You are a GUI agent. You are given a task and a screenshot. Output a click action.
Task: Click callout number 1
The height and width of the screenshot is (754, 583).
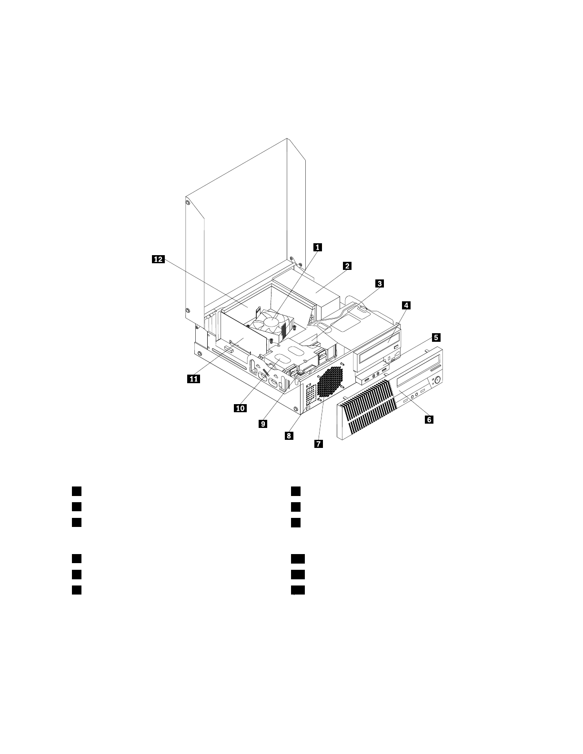[x=317, y=247]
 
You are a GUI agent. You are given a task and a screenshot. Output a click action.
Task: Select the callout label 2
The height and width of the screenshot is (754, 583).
[x=347, y=266]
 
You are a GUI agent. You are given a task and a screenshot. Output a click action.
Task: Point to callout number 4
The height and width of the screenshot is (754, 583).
[x=406, y=305]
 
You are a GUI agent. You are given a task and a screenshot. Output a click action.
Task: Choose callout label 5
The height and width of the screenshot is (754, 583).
[x=435, y=337]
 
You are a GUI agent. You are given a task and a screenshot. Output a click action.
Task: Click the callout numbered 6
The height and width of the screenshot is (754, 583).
[x=429, y=419]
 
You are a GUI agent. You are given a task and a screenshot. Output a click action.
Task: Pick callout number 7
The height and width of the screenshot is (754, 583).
[x=318, y=444]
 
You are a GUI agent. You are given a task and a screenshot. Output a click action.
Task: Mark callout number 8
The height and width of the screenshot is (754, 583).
[x=289, y=435]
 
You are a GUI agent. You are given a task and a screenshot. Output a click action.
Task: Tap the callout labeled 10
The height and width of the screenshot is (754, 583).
[x=240, y=407]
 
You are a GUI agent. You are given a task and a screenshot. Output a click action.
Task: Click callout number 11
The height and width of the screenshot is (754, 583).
[x=193, y=378]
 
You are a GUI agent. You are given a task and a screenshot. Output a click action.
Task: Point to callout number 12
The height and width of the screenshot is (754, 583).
[x=158, y=259]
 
